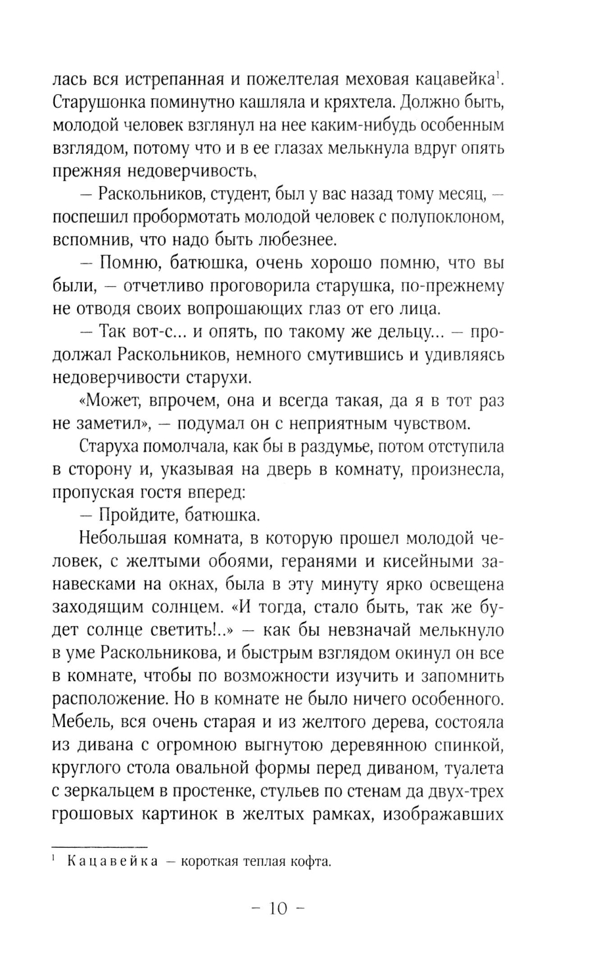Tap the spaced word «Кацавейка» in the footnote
112,862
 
